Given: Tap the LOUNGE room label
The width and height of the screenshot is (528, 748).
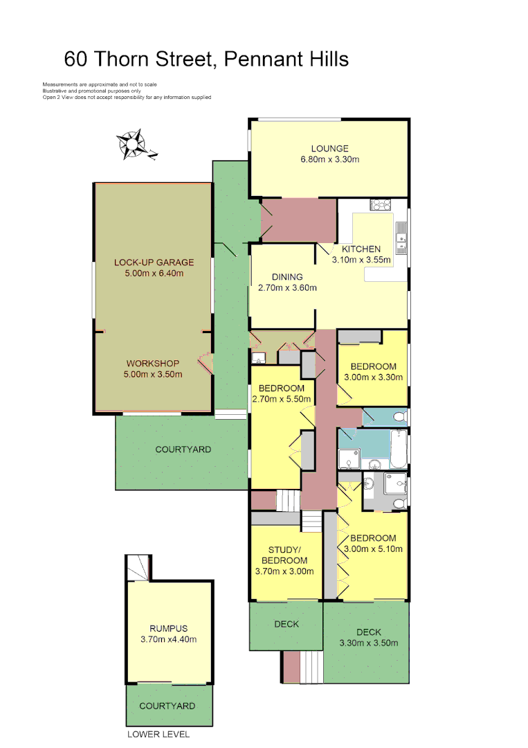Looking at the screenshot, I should pyautogui.click(x=329, y=148).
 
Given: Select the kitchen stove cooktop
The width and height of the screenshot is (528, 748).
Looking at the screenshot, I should pyautogui.click(x=380, y=204).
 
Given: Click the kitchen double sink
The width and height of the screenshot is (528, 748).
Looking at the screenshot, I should pyautogui.click(x=400, y=240).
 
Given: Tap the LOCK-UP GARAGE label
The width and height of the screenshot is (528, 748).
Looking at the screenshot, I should pyautogui.click(x=154, y=262).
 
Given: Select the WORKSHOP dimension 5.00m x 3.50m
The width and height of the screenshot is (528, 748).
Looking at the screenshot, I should pyautogui.click(x=154, y=375).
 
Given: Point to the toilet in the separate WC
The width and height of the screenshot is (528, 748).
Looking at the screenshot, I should pyautogui.click(x=397, y=417).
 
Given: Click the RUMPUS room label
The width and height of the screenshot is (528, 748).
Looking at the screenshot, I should pyautogui.click(x=168, y=628).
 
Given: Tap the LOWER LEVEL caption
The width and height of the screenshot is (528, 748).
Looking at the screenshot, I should pyautogui.click(x=158, y=734).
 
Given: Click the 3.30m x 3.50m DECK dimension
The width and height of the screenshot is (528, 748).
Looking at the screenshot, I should pyautogui.click(x=369, y=643).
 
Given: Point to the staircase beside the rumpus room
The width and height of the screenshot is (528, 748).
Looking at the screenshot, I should pyautogui.click(x=138, y=569).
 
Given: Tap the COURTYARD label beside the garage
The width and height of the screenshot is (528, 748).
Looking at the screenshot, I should pyautogui.click(x=183, y=449).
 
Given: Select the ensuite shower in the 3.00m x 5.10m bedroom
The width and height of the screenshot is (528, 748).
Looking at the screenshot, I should pyautogui.click(x=396, y=490).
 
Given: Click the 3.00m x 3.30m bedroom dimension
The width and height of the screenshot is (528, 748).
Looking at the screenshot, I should pyautogui.click(x=373, y=377).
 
